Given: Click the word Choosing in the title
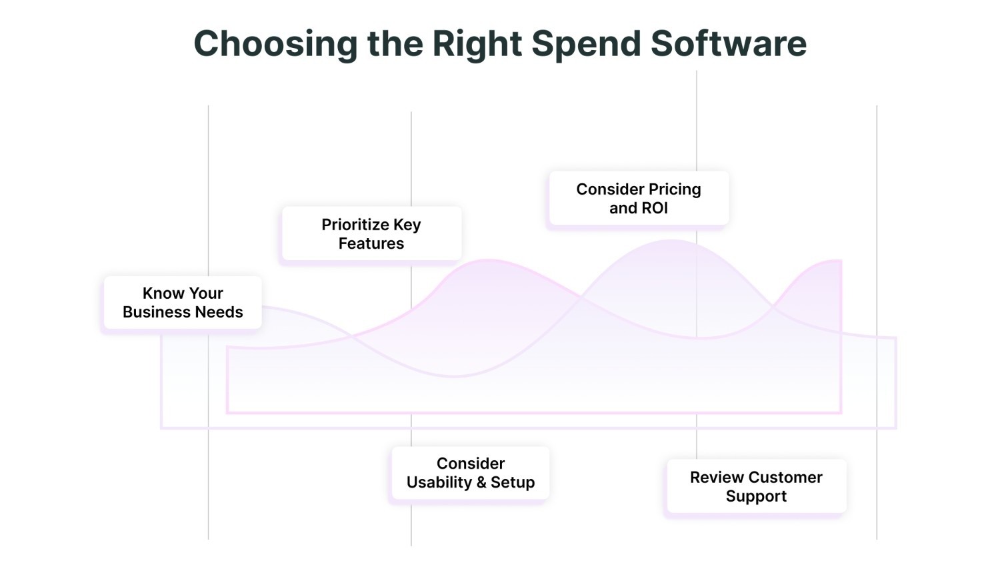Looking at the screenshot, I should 275,44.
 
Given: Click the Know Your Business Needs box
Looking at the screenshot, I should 182,303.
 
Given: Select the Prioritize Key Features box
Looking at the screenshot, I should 371,234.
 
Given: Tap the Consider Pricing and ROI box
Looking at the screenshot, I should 638,199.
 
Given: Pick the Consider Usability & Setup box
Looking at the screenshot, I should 470,473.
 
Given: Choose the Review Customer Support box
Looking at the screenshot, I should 756,487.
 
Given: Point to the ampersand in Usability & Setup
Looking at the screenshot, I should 481,482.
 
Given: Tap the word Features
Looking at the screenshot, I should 371,243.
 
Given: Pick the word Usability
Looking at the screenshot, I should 439,482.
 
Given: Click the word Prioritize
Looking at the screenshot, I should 355,225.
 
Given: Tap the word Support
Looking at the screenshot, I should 756,496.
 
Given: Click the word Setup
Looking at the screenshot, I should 513,482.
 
